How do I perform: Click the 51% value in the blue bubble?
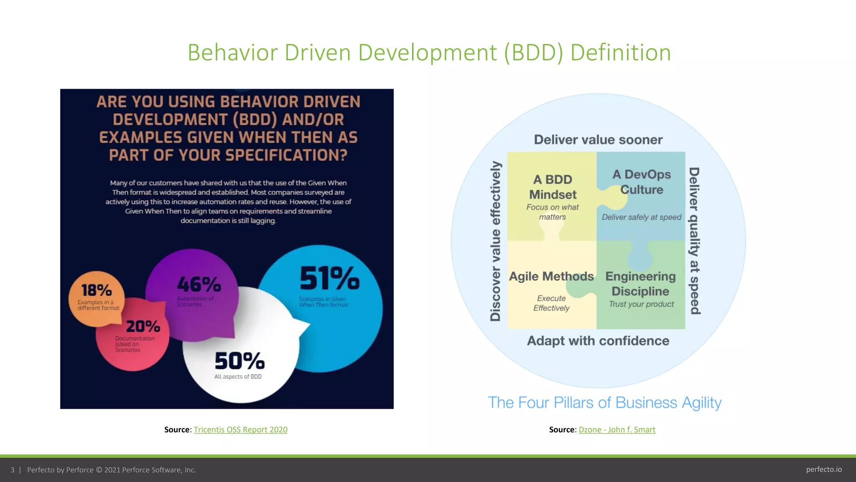(x=329, y=279)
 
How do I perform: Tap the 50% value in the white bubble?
(x=239, y=361)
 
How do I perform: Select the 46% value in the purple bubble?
(x=199, y=285)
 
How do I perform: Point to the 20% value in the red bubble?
(x=143, y=326)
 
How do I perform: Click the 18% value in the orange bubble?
(x=96, y=290)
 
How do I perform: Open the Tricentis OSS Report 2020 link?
(x=240, y=430)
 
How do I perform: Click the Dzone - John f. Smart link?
(x=617, y=430)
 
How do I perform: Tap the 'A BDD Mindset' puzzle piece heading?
(x=553, y=187)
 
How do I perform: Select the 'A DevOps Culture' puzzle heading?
(x=642, y=182)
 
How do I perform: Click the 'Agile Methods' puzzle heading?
(x=551, y=276)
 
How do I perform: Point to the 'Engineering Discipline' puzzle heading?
(x=640, y=284)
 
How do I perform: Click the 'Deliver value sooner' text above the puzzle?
(x=598, y=140)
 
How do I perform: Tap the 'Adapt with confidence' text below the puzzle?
(x=598, y=341)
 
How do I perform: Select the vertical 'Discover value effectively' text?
(x=495, y=241)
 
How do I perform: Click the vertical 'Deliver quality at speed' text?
(x=694, y=241)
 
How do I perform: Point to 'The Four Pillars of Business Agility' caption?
(x=604, y=403)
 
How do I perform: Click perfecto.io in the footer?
(x=824, y=469)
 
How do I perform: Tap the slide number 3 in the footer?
(x=13, y=470)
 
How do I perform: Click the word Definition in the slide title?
(x=620, y=53)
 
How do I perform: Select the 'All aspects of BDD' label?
(x=238, y=377)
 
